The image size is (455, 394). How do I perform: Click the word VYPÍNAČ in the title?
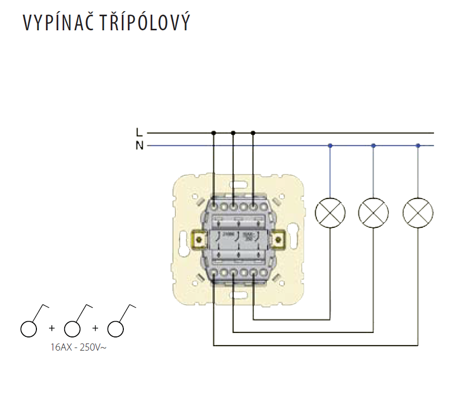click(x=55, y=23)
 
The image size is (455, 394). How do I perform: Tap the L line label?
click(x=139, y=133)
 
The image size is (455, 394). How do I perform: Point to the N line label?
click(x=139, y=146)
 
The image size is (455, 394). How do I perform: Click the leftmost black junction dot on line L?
click(x=213, y=133)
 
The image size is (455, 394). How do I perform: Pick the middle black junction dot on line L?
click(x=233, y=133)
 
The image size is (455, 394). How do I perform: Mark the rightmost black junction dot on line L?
click(x=253, y=133)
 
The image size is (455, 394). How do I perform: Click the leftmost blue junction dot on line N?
click(x=330, y=146)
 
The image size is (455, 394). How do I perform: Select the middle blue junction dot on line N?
click(x=373, y=146)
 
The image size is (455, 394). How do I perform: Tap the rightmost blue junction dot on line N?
click(x=418, y=146)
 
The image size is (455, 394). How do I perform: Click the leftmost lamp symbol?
click(x=330, y=212)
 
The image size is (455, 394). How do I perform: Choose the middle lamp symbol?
click(x=373, y=212)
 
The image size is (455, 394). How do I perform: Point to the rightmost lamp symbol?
click(x=418, y=212)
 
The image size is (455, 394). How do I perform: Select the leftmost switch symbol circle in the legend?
click(x=29, y=328)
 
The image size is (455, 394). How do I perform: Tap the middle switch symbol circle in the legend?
click(x=72, y=328)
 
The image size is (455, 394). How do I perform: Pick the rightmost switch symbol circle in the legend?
click(x=116, y=328)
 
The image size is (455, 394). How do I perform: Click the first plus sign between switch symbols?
click(x=51, y=328)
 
